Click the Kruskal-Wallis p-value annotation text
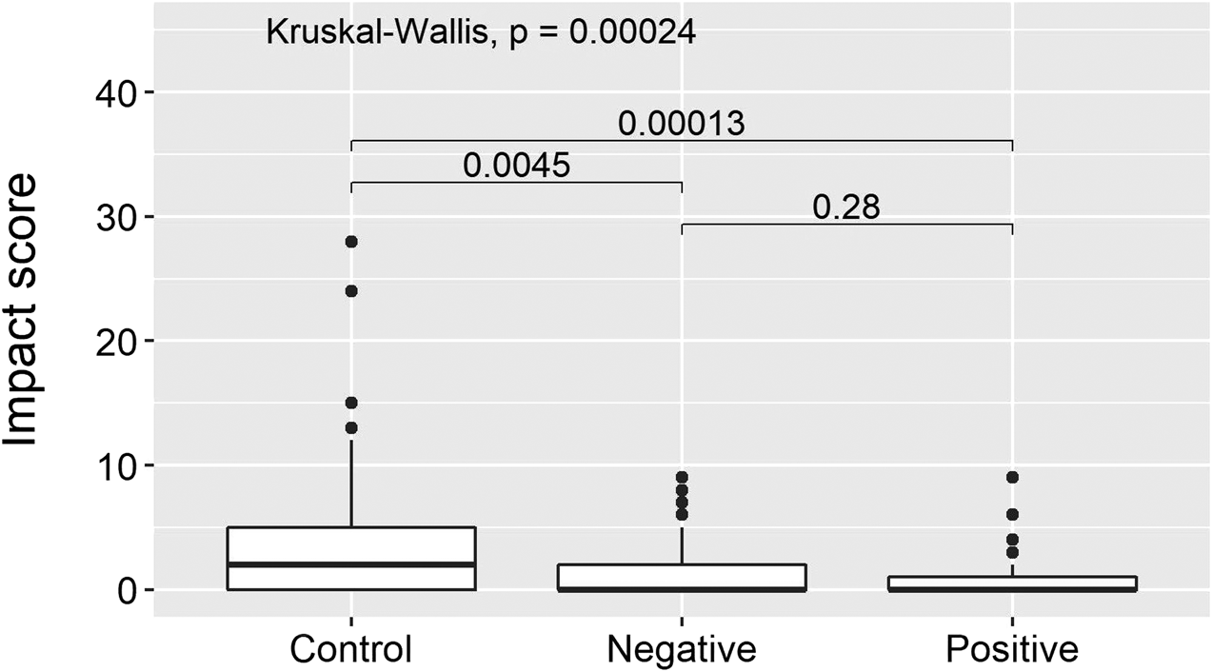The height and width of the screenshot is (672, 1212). (x=481, y=33)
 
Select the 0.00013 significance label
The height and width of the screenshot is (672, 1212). (x=681, y=124)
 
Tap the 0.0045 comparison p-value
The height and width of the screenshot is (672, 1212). (x=517, y=166)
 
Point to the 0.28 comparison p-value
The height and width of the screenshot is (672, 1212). (x=846, y=208)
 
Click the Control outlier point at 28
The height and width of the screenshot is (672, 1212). (x=351, y=242)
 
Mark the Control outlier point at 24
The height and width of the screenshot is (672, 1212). (x=351, y=291)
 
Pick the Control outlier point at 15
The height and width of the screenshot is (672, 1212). (x=351, y=403)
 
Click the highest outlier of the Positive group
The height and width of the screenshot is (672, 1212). (x=1012, y=477)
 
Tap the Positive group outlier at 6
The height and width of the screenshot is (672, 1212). (x=1012, y=514)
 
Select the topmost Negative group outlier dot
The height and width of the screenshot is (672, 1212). (x=682, y=477)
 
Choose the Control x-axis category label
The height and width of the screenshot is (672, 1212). (x=351, y=649)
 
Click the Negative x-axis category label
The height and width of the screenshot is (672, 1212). (x=682, y=649)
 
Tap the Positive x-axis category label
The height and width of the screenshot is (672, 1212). (x=1012, y=649)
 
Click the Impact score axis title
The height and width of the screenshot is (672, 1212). (x=30, y=310)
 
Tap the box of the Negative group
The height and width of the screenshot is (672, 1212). (x=682, y=577)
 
